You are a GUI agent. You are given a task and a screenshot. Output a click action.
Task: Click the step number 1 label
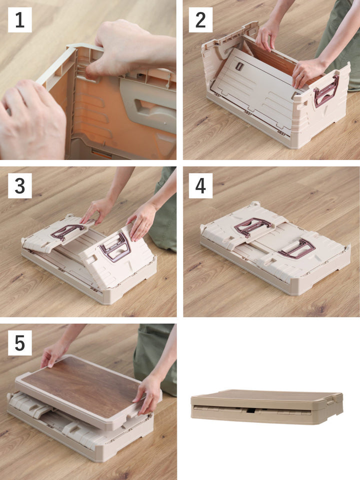20,20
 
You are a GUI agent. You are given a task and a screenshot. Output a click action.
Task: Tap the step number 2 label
200,20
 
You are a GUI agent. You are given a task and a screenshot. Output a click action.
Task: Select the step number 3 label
20,186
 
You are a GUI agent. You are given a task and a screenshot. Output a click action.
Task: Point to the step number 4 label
200,186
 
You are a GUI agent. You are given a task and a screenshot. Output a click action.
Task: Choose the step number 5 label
20,343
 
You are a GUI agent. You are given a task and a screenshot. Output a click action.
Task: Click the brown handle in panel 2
326,91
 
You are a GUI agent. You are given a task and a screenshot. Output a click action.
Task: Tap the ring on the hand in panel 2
301,74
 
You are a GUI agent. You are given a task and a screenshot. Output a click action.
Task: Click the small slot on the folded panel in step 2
239,66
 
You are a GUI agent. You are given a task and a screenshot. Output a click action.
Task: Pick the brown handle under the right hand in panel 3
115,247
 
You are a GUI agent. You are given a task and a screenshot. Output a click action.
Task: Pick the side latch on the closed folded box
331,401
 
